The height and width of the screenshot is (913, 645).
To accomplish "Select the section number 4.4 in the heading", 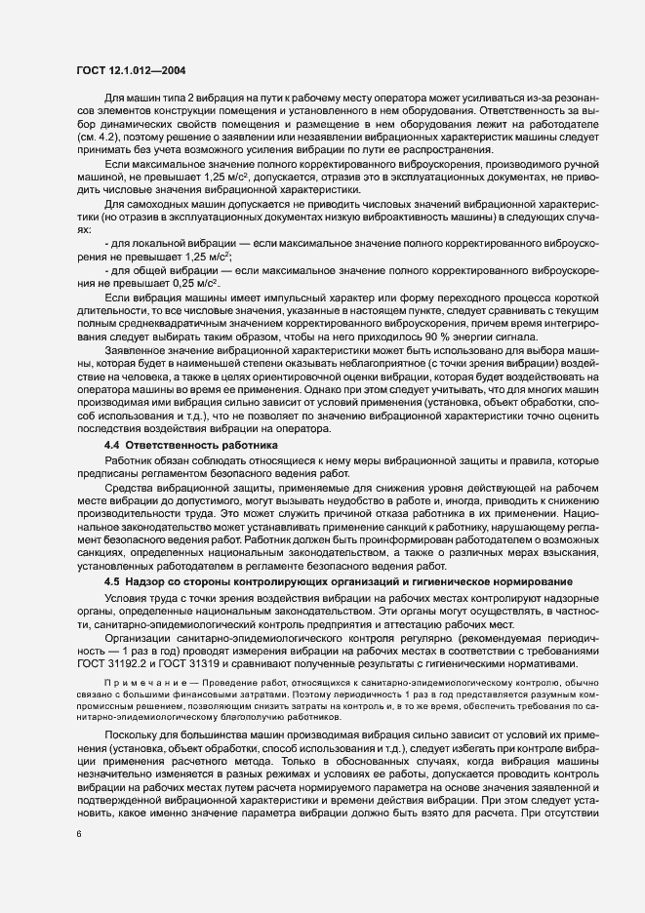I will [x=112, y=417].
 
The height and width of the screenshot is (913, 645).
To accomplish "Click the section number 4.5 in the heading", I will [x=112, y=581].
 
